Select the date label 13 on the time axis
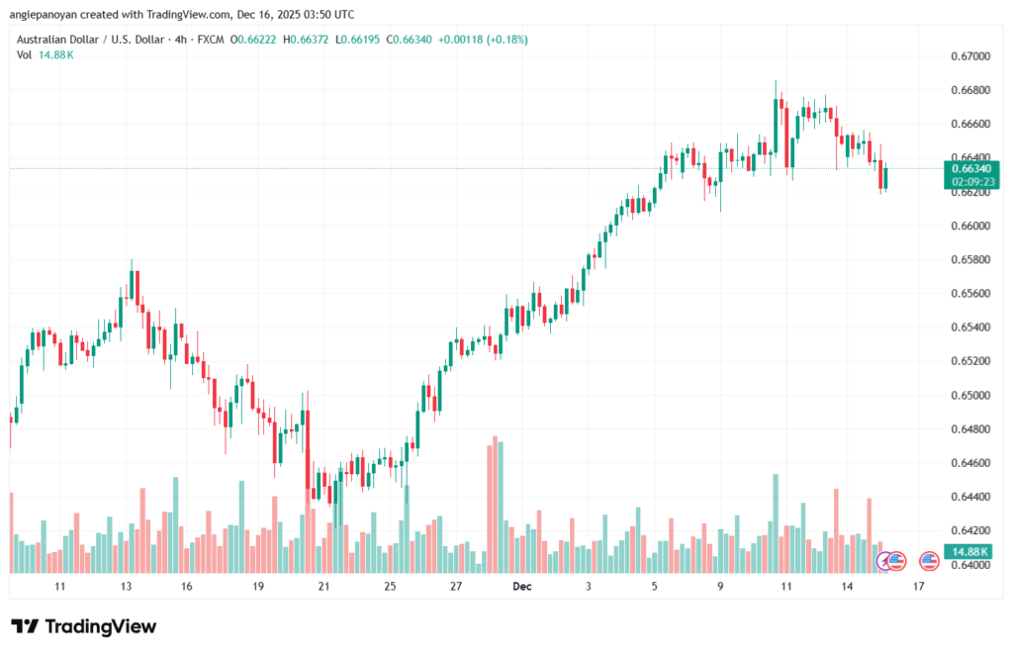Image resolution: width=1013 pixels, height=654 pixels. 127,587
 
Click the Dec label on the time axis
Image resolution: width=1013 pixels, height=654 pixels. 522,587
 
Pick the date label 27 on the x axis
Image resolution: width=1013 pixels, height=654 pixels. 456,587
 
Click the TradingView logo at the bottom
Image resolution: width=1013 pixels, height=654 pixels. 84,626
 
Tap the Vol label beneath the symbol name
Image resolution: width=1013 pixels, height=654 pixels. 25,54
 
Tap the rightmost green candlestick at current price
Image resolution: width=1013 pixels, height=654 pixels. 886,178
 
